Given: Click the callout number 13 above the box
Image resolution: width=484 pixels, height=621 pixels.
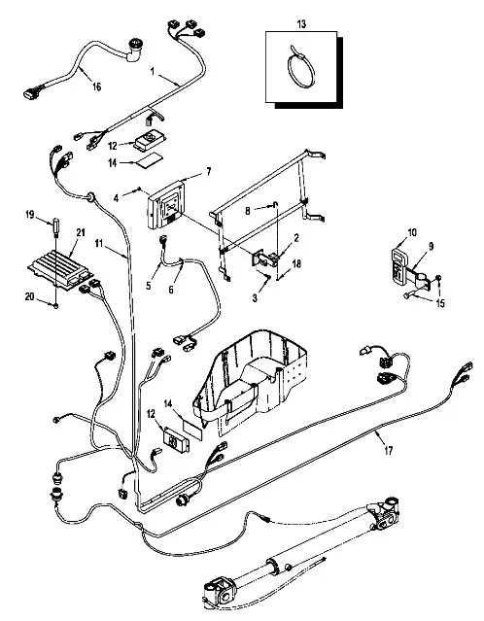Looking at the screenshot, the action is (x=301, y=24).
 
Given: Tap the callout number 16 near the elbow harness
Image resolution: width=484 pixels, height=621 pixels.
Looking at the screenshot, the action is (x=96, y=86).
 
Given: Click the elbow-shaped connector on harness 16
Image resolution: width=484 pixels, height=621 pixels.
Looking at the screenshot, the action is (x=135, y=50).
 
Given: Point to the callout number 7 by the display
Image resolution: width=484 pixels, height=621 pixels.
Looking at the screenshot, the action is (x=208, y=171).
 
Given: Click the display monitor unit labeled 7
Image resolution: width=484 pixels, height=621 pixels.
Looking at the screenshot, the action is (x=167, y=205).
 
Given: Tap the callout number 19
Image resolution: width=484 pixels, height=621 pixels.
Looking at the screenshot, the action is (x=30, y=215).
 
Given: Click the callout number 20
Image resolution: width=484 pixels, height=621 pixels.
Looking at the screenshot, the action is (x=30, y=296).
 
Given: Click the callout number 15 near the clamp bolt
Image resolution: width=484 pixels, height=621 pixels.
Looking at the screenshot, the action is (x=440, y=303).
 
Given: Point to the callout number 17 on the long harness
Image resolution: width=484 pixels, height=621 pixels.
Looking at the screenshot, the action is (x=388, y=451).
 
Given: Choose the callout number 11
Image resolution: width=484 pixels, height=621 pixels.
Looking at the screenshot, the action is (x=98, y=243).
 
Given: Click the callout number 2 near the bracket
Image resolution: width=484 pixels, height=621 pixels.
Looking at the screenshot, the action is (x=295, y=238).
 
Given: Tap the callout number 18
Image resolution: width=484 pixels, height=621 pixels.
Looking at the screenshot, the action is (x=296, y=263).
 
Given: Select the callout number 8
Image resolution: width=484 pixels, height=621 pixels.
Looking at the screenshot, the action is (x=248, y=211).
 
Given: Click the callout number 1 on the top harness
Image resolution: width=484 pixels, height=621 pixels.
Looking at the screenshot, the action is (x=153, y=71).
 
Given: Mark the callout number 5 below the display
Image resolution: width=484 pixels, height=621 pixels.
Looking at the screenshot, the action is (x=149, y=286).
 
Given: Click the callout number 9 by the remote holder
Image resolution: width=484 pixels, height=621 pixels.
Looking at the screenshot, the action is (x=431, y=246).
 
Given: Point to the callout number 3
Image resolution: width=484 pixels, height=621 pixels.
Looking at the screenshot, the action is (x=255, y=298).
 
